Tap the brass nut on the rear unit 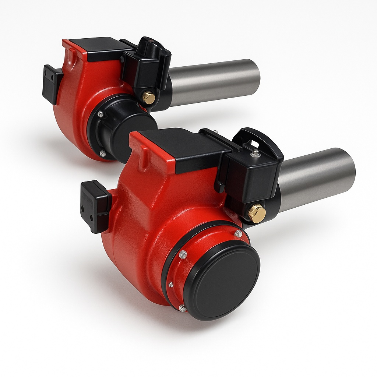(149, 98)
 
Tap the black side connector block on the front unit (94, 206)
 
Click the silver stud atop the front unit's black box (255, 152)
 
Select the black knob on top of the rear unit (151, 44)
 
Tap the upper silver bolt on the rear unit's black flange (101, 114)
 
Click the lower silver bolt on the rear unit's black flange (103, 153)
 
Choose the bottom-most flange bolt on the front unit (182, 308)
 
